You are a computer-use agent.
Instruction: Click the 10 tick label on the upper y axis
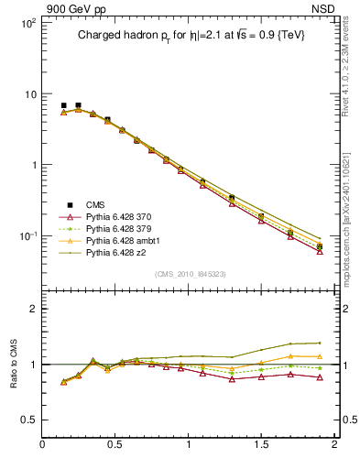point(28,94)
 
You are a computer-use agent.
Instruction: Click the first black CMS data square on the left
point(63,105)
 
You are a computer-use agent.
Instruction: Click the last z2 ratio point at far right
point(319,343)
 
